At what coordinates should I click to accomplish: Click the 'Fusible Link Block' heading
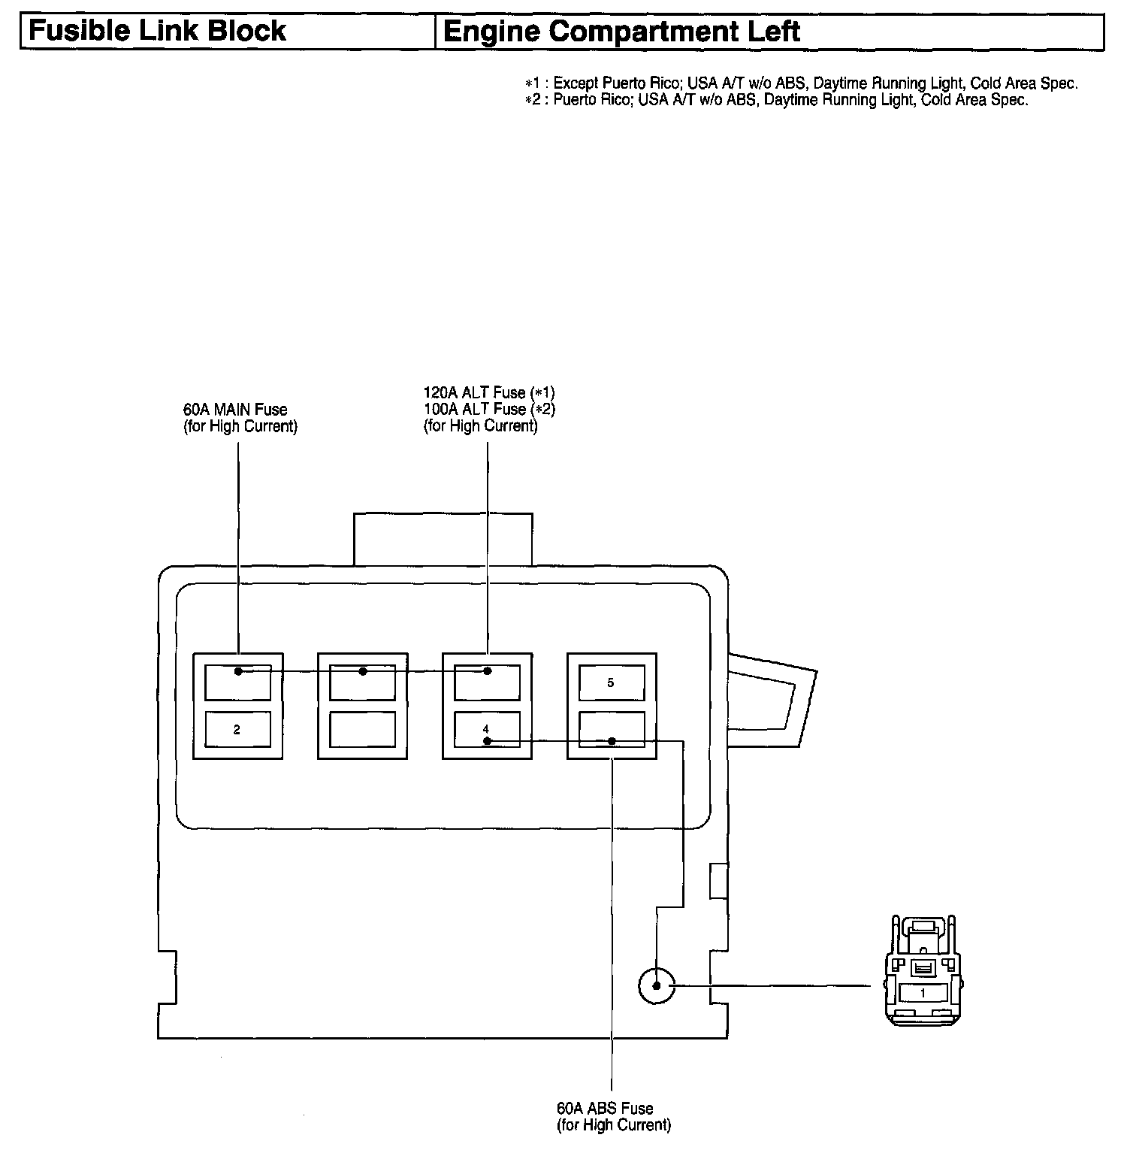point(157,32)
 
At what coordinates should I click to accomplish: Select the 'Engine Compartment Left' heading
point(621,32)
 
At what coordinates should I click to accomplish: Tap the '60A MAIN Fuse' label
point(235,410)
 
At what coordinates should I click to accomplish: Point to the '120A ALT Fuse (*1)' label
point(488,392)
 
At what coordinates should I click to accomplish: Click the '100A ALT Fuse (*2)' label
point(488,409)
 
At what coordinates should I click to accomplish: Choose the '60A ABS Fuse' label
point(605,1108)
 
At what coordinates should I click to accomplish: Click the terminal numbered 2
point(237,729)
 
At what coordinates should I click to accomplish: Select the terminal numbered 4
point(487,729)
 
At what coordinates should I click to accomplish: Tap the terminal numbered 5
point(611,682)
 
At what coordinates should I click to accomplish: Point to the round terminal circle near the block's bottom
point(657,985)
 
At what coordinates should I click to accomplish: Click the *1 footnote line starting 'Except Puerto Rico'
point(802,83)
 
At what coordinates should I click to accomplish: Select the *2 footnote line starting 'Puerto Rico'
point(777,100)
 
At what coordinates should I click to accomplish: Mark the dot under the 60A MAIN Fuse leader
point(238,671)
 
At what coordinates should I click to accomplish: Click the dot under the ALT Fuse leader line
point(487,671)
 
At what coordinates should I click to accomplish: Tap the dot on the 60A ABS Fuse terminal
point(612,742)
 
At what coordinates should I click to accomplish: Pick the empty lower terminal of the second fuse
point(362,729)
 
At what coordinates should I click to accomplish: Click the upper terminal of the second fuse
point(362,682)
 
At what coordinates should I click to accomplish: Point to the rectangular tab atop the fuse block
point(443,539)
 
